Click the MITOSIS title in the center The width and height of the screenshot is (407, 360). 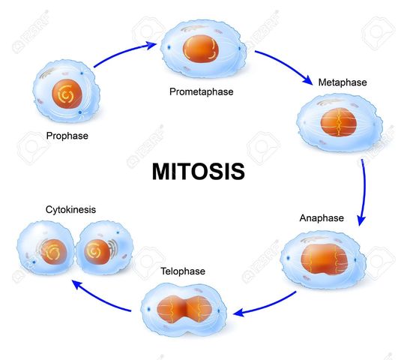click(x=199, y=171)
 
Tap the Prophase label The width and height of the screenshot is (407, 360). click(x=67, y=136)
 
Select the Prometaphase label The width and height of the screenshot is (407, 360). click(x=201, y=91)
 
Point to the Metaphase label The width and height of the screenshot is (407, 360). click(x=343, y=81)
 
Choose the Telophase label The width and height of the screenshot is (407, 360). click(x=181, y=271)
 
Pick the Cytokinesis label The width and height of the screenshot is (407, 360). click(x=49, y=210)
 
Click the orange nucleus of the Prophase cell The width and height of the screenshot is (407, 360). click(x=64, y=96)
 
